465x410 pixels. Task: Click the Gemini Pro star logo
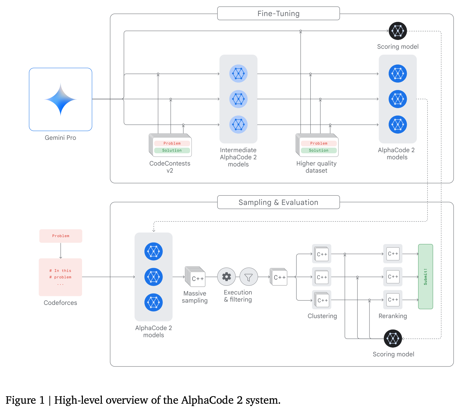[x=60, y=99]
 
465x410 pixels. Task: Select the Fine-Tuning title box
[x=278, y=14]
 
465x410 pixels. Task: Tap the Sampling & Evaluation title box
[x=278, y=202]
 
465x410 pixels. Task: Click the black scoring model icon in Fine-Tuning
[x=398, y=31]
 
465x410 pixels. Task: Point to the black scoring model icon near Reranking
[x=393, y=339]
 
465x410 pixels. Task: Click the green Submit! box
[x=425, y=276]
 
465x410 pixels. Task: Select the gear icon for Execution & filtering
[x=226, y=277]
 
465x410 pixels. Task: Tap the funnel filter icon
[x=248, y=277]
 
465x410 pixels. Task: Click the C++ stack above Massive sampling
[x=196, y=277]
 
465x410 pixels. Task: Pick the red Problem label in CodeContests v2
[x=172, y=143]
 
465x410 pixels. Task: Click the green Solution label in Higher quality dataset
[x=319, y=150]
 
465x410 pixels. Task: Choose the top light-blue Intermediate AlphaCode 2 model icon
[x=238, y=74]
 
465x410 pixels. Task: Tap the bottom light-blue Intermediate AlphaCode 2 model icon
[x=238, y=125]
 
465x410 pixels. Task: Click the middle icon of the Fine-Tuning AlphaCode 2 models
[x=398, y=99]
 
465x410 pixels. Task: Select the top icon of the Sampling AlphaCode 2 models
[x=153, y=252]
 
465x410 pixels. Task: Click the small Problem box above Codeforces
[x=61, y=236]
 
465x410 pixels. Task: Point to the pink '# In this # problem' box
[x=60, y=277]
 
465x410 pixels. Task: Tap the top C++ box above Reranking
[x=393, y=254]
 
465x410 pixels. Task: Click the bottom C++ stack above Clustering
[x=322, y=300]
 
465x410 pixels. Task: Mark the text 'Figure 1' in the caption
[x=25, y=400]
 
